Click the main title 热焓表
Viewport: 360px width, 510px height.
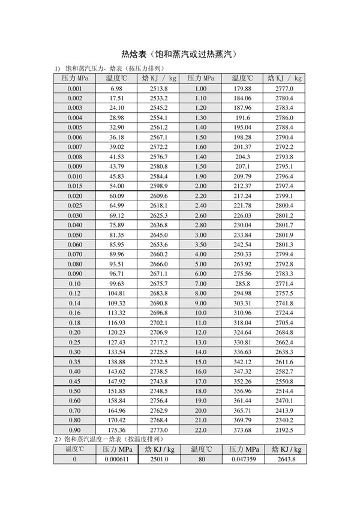(x=179, y=53)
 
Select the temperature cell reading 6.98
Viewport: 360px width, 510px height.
(x=116, y=89)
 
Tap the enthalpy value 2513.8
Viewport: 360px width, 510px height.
(x=159, y=89)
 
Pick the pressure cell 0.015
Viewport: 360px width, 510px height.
(x=75, y=186)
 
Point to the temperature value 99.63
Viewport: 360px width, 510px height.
(x=116, y=283)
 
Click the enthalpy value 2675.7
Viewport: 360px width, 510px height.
(x=159, y=283)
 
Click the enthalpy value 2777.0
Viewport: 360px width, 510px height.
(x=284, y=89)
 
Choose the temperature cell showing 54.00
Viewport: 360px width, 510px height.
(x=116, y=186)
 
